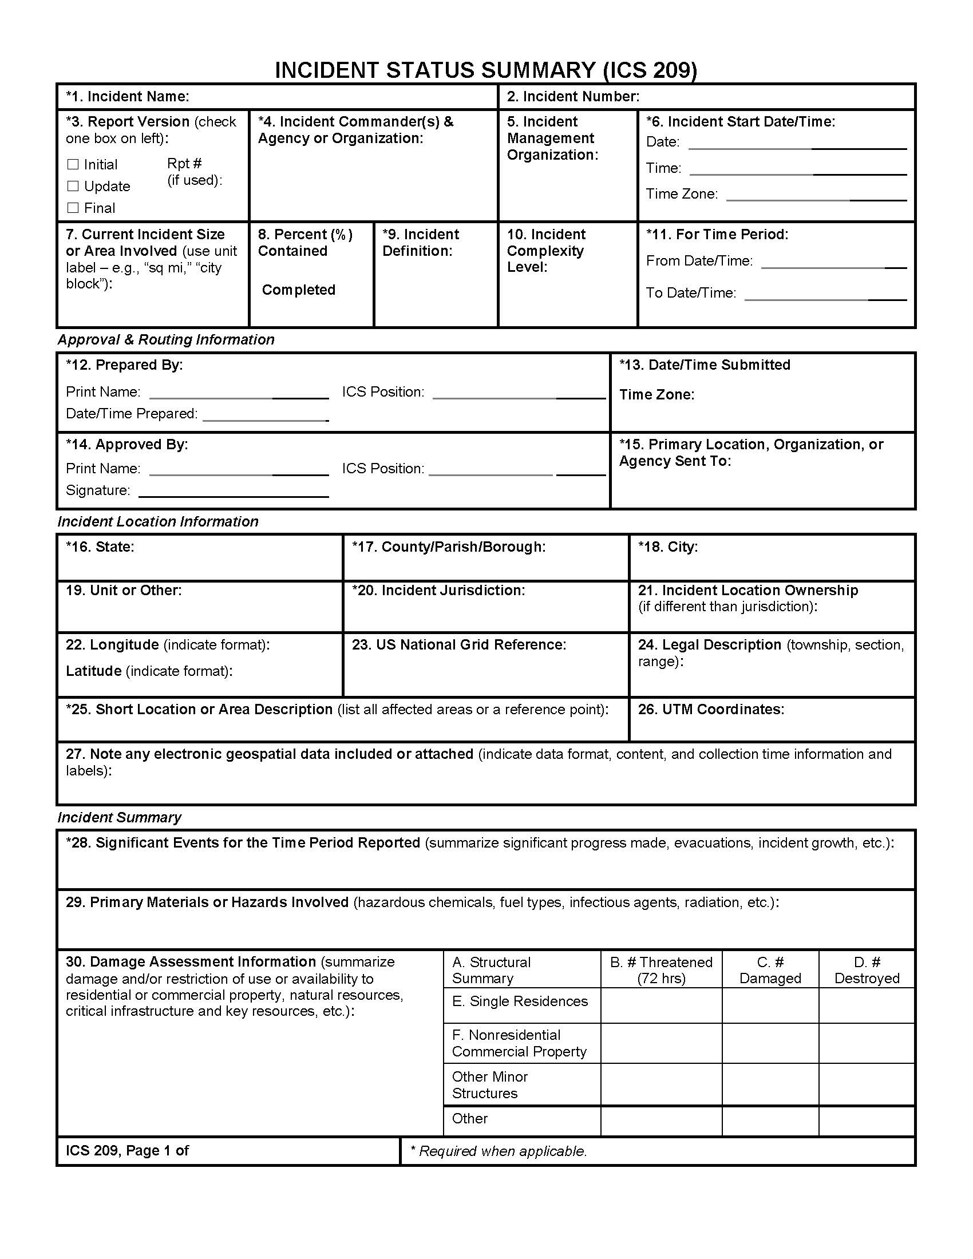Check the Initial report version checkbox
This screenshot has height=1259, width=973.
(73, 165)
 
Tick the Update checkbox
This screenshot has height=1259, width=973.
(73, 186)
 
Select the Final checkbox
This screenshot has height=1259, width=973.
(73, 208)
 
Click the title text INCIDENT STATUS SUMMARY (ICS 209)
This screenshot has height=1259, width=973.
(486, 70)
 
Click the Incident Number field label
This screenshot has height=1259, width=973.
(573, 97)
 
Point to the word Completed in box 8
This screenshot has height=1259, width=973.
(299, 290)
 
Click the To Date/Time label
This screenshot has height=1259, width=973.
(691, 294)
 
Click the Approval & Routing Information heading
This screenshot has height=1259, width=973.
(166, 340)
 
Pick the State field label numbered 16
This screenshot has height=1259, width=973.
(100, 547)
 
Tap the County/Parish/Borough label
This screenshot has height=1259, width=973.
(449, 547)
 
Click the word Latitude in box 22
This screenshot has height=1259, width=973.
(93, 672)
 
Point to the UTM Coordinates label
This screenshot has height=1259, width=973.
(711, 710)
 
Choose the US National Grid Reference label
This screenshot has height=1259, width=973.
(459, 645)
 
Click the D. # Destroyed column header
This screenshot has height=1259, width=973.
(867, 970)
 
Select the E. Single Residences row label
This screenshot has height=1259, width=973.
(519, 1001)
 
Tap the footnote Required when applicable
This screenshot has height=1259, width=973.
(499, 1151)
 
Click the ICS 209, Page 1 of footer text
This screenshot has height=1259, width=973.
(128, 1151)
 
